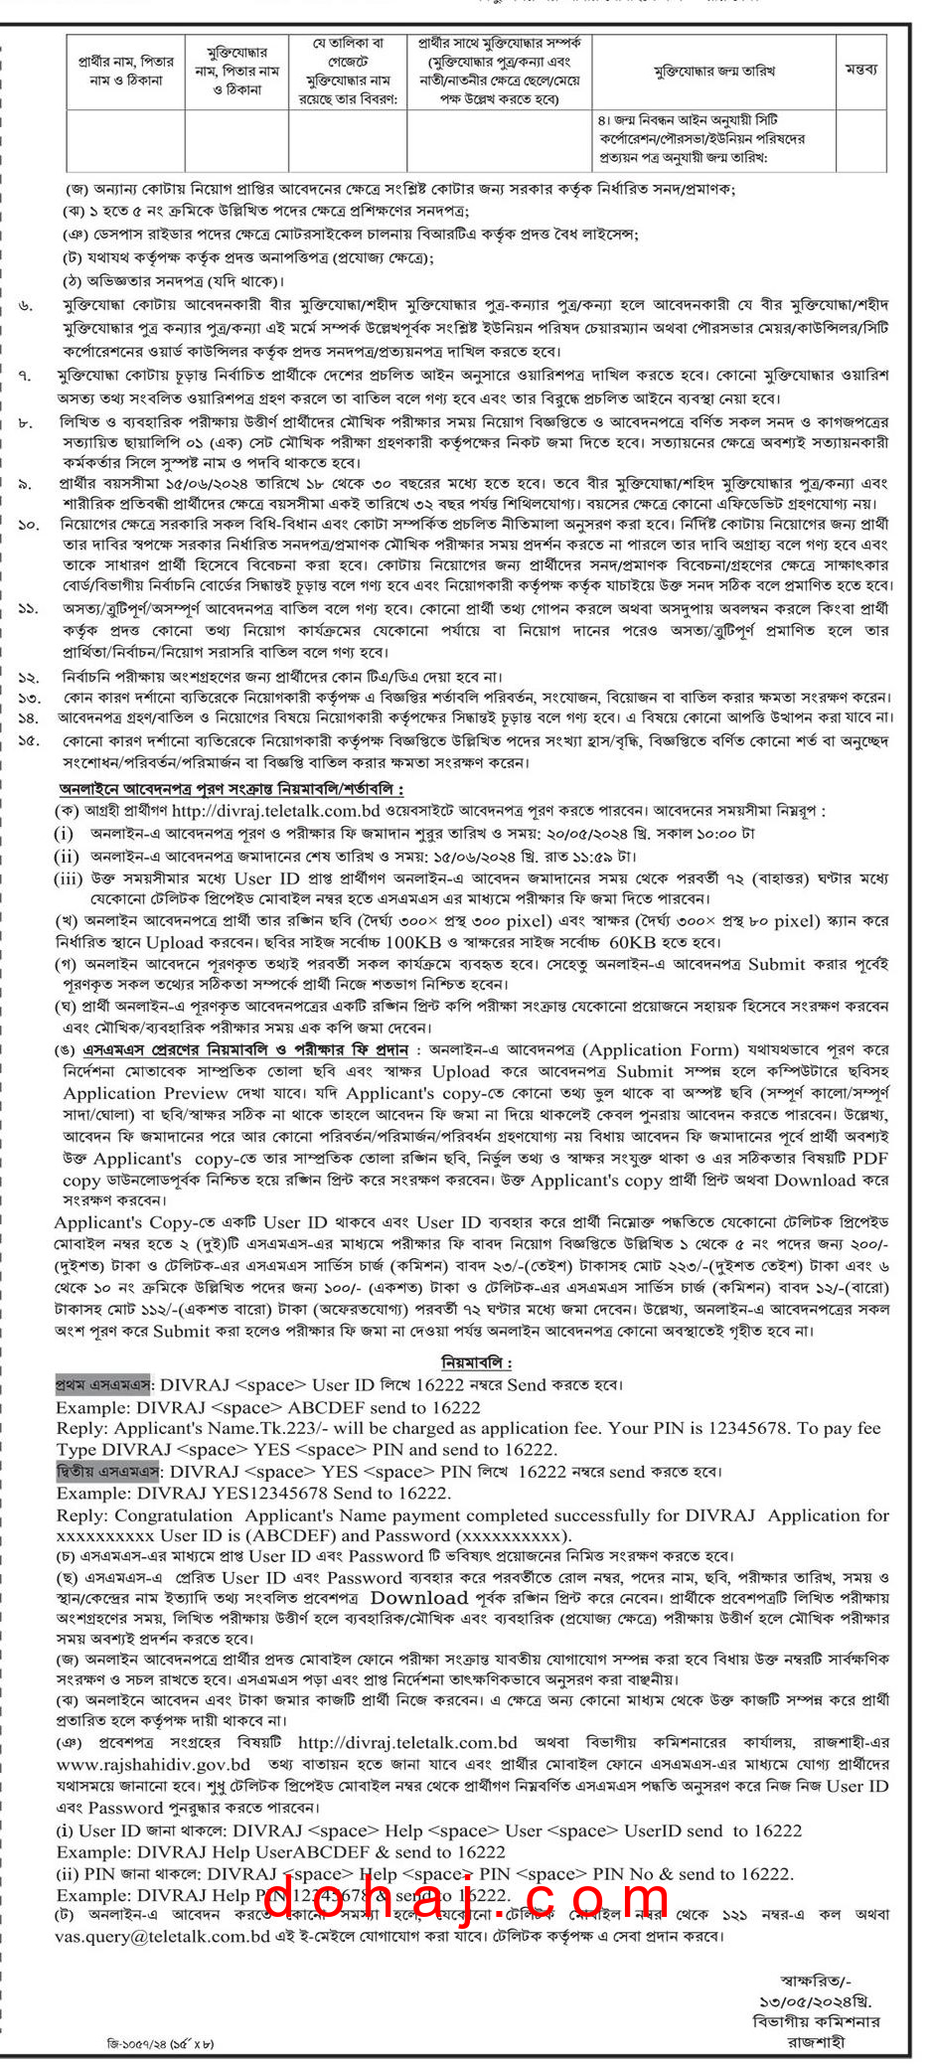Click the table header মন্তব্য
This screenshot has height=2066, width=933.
861,70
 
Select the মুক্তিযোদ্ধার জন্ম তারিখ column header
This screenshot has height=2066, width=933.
714,70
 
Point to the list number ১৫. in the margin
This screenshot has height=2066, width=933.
28,741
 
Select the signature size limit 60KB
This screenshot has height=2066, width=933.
635,942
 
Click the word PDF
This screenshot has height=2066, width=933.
870,1159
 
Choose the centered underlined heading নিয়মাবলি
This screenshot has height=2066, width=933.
477,1362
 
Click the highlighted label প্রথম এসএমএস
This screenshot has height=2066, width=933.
103,1384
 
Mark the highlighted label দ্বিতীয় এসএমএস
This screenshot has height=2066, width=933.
107,1472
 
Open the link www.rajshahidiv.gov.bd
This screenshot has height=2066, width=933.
153,1764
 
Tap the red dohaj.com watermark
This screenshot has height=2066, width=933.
467,1900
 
